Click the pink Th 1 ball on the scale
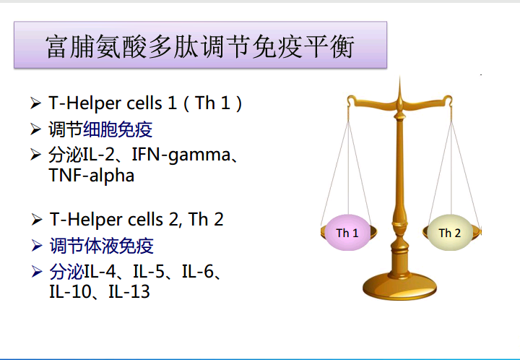point(347,232)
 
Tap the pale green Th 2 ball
point(450,232)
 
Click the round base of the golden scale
point(399,286)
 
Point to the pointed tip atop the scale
point(399,77)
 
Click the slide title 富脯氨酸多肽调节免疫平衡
point(200,46)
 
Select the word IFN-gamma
point(181,155)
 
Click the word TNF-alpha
point(92,175)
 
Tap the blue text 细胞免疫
point(118,129)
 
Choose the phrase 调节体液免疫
point(102,246)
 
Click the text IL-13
point(129,291)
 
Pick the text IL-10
point(70,291)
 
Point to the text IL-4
point(100,272)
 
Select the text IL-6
point(198,272)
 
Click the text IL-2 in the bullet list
point(99,155)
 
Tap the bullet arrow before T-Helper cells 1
point(35,103)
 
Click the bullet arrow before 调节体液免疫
point(37,246)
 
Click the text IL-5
point(149,272)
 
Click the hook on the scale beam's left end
point(350,100)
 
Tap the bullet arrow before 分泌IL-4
point(37,272)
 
